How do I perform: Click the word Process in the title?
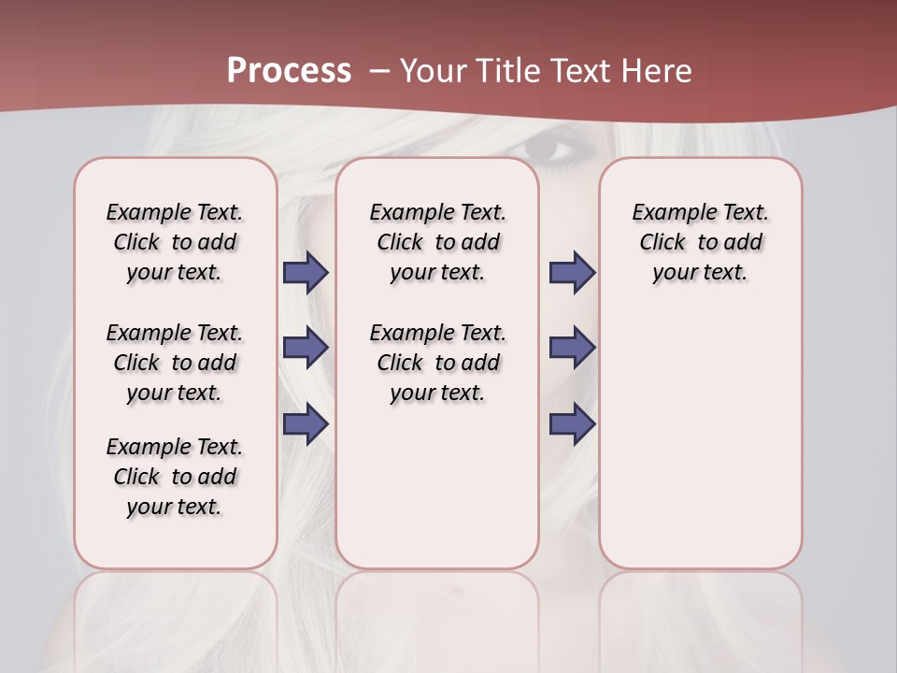click(289, 70)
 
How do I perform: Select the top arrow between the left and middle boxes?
click(306, 272)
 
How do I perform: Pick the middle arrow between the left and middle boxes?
click(306, 348)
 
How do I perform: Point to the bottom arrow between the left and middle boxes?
click(306, 424)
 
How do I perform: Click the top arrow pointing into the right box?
click(572, 272)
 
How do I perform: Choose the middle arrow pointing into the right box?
click(572, 348)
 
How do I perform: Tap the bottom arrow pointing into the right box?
click(572, 424)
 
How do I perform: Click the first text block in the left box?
click(175, 242)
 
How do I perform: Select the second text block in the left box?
click(175, 363)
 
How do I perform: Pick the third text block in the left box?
click(175, 477)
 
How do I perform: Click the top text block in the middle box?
click(437, 242)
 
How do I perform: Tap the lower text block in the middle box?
click(437, 363)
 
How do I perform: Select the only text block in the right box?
click(700, 242)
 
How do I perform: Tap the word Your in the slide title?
click(434, 71)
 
